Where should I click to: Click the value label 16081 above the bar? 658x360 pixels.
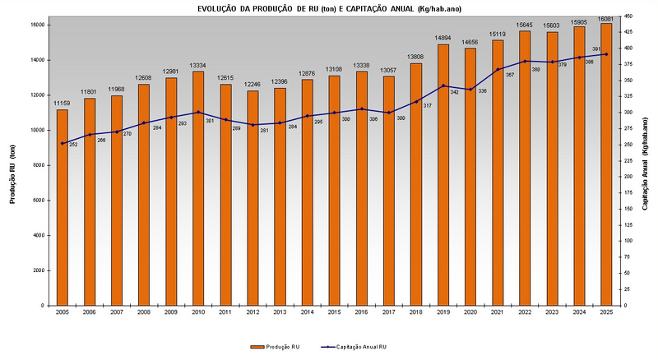(x=606, y=18)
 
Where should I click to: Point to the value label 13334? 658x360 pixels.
(x=198, y=66)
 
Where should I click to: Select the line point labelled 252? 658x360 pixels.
(x=63, y=144)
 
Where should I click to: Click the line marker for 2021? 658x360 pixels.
(x=498, y=69)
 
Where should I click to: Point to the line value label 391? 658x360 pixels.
(x=597, y=49)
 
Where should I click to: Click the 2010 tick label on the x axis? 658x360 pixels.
(x=198, y=313)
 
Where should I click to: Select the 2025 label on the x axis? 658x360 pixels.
(x=606, y=313)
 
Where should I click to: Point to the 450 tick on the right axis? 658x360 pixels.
(x=628, y=16)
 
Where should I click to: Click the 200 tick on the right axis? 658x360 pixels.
(x=628, y=177)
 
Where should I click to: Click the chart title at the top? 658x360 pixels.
(x=328, y=7)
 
